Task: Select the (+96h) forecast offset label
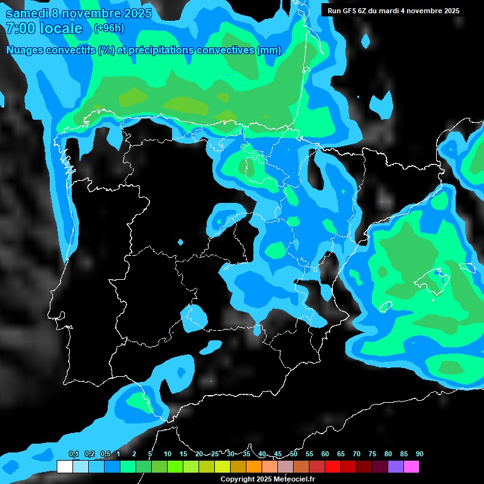pyautogui.click(x=109, y=28)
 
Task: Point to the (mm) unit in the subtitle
pyautogui.click(x=270, y=50)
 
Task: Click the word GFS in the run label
pyautogui.click(x=347, y=11)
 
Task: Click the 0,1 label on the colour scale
pyautogui.click(x=74, y=454)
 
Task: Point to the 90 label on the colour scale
pyautogui.click(x=419, y=454)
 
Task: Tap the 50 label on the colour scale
pyautogui.click(x=294, y=454)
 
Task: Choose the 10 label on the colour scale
pyautogui.click(x=168, y=454)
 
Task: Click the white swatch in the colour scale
pyautogui.click(x=64, y=466)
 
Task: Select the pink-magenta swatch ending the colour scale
pyautogui.click(x=411, y=466)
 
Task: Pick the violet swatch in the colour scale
pyautogui.click(x=395, y=466)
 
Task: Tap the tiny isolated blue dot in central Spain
pyautogui.click(x=181, y=242)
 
